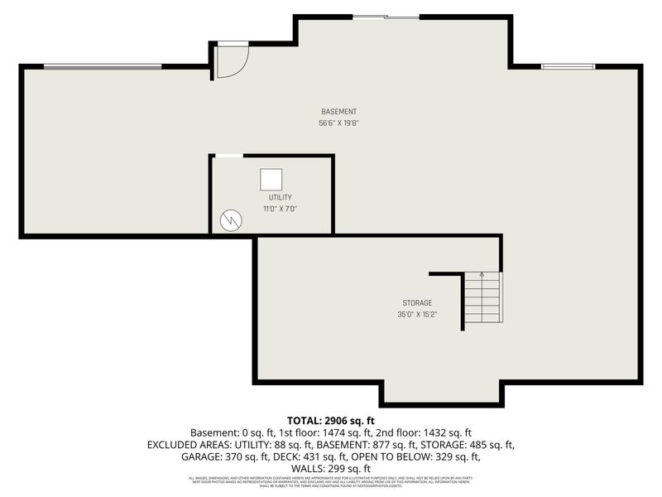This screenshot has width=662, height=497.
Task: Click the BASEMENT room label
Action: pyautogui.click(x=338, y=112)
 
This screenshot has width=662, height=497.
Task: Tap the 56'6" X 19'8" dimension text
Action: pyautogui.click(x=338, y=123)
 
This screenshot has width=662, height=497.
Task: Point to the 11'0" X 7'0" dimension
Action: pyautogui.click(x=279, y=209)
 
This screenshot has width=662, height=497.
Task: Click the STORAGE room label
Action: pyautogui.click(x=417, y=303)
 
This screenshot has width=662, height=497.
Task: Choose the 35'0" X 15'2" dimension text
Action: pyautogui.click(x=417, y=315)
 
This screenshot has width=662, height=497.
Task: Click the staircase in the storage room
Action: pyautogui.click(x=482, y=298)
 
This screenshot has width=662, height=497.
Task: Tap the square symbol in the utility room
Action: pyautogui.click(x=271, y=179)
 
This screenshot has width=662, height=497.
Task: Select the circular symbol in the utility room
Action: pyautogui.click(x=231, y=220)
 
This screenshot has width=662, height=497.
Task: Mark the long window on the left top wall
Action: pyautogui.click(x=103, y=67)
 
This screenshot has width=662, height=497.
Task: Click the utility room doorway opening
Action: pyautogui.click(x=228, y=156)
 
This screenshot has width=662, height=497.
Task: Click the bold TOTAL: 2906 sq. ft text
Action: pyautogui.click(x=330, y=420)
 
